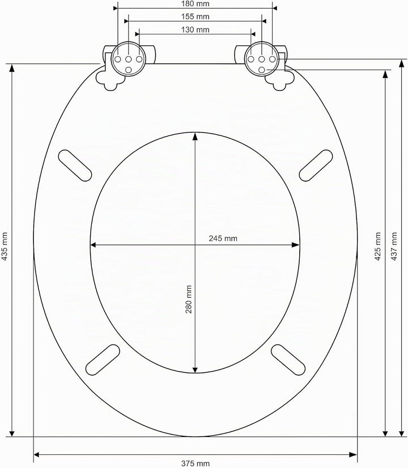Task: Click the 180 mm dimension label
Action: coord(195,4)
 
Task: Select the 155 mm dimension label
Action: coord(195,17)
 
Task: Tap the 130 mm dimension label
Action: coord(195,30)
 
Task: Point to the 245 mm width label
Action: coord(223,238)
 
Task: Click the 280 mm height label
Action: coord(189,299)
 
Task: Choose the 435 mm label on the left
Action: coord(5,246)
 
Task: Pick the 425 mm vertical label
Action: coord(378,246)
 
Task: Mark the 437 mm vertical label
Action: coord(394,246)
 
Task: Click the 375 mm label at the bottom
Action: coord(195,463)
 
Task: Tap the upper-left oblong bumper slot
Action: coord(75,166)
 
